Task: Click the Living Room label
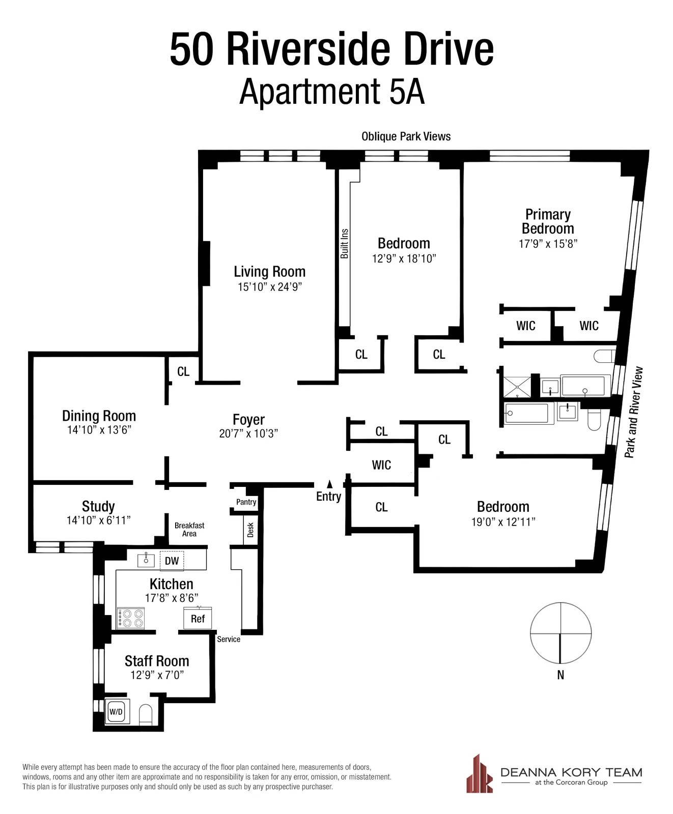click(x=269, y=272)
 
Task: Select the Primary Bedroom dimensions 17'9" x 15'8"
click(x=548, y=244)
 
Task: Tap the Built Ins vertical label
click(x=345, y=244)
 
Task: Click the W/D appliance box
click(x=117, y=712)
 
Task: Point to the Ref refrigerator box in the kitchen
click(x=198, y=619)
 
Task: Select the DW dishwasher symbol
click(x=172, y=561)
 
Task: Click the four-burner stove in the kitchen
click(x=131, y=619)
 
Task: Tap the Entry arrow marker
click(x=329, y=484)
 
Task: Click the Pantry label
click(x=246, y=502)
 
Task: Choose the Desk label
click(x=250, y=530)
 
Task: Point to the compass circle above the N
click(x=560, y=633)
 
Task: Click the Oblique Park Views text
click(x=406, y=136)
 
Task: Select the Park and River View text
click(x=634, y=412)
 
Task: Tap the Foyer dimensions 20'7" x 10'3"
click(x=248, y=433)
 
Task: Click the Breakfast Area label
click(x=189, y=530)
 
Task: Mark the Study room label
click(x=98, y=506)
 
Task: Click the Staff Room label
click(x=157, y=661)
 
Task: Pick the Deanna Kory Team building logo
click(x=479, y=774)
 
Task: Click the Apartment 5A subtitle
click(x=332, y=92)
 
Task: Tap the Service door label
click(x=229, y=639)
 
